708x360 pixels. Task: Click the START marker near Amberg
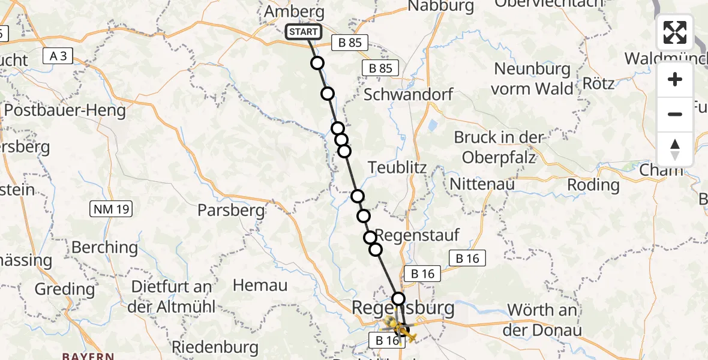[303, 32]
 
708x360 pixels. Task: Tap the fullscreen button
[675, 32]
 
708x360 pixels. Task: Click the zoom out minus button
[675, 114]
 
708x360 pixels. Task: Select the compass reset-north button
[675, 149]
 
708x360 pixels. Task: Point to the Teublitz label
[397, 167]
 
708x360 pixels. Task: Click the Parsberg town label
[232, 210]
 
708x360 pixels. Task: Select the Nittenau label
[482, 184]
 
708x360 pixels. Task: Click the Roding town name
[593, 184]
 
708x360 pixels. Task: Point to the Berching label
[104, 247]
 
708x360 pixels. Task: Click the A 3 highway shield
[58, 56]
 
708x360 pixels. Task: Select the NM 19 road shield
[111, 209]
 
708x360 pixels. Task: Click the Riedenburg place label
[215, 347]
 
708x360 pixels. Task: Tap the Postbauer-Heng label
[65, 110]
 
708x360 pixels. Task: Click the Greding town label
[65, 289]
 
